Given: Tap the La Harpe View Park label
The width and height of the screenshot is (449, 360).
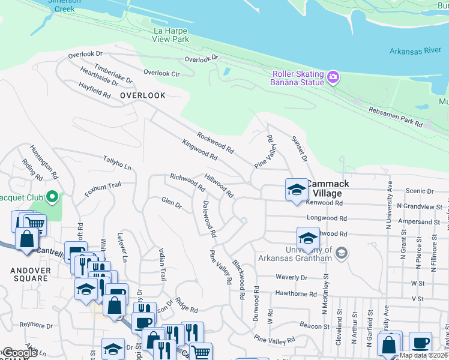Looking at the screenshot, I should pyautogui.click(x=172, y=35).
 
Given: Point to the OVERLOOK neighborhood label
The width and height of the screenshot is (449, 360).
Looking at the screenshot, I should pyautogui.click(x=142, y=95).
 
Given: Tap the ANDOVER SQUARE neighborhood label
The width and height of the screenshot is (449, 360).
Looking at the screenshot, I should pyautogui.click(x=30, y=274).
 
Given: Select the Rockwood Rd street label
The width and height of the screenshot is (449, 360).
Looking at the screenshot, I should pyautogui.click(x=214, y=142).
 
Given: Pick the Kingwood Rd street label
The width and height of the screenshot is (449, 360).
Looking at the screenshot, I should pyautogui.click(x=200, y=149).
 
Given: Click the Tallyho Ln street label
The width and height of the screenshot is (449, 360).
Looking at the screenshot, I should pyautogui.click(x=117, y=163).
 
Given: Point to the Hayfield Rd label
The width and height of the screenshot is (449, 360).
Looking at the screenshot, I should pyautogui.click(x=95, y=91).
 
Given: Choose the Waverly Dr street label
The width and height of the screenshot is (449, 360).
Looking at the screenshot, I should pyautogui.click(x=291, y=277).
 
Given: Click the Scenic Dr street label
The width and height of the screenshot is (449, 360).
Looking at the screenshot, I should pyautogui.click(x=420, y=191).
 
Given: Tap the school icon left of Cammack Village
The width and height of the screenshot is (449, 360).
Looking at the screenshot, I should pyautogui.click(x=296, y=190).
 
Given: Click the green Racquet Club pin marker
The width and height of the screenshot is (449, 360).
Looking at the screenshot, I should pyautogui.click(x=52, y=196).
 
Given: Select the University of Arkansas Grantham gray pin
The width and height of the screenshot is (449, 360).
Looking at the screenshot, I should pyautogui.click(x=342, y=252).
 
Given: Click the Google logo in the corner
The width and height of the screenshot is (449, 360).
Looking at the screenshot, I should pyautogui.click(x=20, y=353).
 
